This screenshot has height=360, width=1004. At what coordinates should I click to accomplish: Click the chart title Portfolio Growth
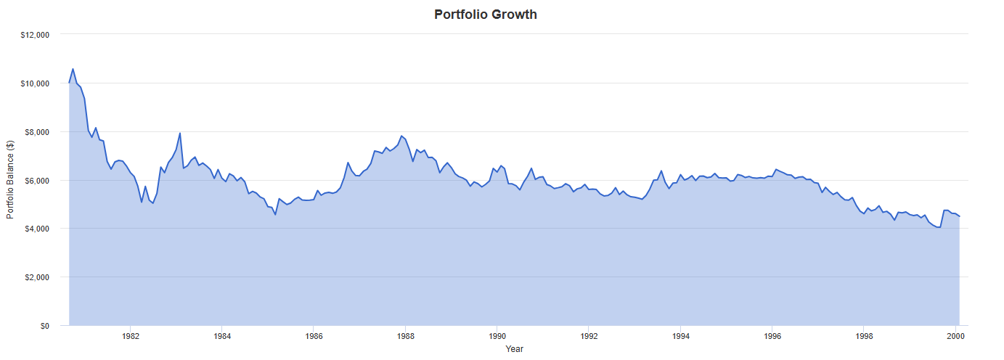pyautogui.click(x=486, y=15)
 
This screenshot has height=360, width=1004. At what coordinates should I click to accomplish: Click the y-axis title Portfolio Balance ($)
pyautogui.click(x=10, y=180)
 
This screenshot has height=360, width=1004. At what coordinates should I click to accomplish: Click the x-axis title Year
pyautogui.click(x=514, y=349)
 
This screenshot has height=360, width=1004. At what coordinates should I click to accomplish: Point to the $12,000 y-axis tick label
pyautogui.click(x=34, y=35)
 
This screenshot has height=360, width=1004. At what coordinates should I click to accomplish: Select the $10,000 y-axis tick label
pyautogui.click(x=34, y=83)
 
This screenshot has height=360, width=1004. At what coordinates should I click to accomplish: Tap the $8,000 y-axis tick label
pyautogui.click(x=36, y=132)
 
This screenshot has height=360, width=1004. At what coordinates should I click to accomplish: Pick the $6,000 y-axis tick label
pyautogui.click(x=36, y=181)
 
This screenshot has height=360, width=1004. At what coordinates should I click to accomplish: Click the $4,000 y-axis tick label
pyautogui.click(x=36, y=229)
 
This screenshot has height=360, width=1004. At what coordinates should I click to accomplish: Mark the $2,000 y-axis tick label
pyautogui.click(x=36, y=277)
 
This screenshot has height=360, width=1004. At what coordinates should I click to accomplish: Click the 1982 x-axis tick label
pyautogui.click(x=131, y=337)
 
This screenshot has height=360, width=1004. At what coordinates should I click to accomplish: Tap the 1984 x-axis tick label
pyautogui.click(x=222, y=337)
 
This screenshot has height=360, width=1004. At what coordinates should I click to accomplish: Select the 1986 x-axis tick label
pyautogui.click(x=314, y=337)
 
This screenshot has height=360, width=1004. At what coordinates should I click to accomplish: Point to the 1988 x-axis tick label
pyautogui.click(x=406, y=337)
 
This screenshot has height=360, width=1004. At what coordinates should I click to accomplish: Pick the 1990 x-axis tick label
pyautogui.click(x=497, y=337)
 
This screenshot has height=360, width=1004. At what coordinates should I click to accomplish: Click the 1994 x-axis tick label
pyautogui.click(x=681, y=337)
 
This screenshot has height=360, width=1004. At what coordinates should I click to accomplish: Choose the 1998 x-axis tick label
pyautogui.click(x=864, y=337)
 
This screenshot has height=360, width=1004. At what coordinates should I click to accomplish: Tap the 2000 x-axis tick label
pyautogui.click(x=955, y=337)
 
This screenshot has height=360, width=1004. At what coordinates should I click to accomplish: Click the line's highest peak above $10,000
pyautogui.click(x=73, y=69)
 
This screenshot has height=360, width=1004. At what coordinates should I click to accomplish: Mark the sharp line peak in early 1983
pyautogui.click(x=180, y=133)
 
